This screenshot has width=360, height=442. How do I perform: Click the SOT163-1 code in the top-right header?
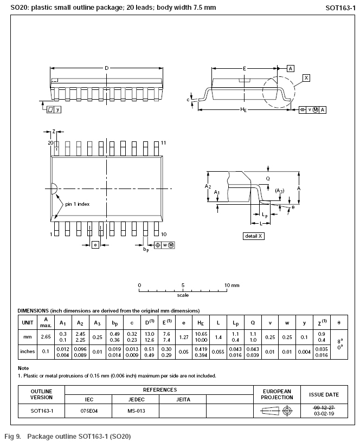[x=340, y=8]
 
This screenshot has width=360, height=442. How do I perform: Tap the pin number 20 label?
[x=50, y=142]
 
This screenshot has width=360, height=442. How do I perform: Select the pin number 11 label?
[x=163, y=142]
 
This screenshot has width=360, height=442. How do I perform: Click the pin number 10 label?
[x=163, y=234]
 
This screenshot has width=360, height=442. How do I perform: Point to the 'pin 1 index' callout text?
[x=77, y=204]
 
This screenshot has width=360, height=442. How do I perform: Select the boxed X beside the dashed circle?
[x=306, y=78]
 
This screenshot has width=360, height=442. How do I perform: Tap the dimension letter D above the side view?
[x=106, y=68]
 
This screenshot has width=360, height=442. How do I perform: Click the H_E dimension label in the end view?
[x=243, y=110]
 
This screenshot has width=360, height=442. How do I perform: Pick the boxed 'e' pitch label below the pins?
[x=95, y=245]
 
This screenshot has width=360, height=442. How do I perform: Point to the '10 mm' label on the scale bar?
[x=232, y=285]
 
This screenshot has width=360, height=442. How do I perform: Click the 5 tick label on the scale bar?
[x=183, y=285]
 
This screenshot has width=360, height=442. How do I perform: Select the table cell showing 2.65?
[x=46, y=336]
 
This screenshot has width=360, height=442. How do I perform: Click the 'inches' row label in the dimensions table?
[x=27, y=351]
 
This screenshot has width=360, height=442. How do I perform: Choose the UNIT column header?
[x=27, y=322]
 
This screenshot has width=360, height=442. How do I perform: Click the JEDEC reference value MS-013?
[x=136, y=411]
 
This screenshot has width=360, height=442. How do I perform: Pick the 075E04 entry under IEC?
[x=89, y=411]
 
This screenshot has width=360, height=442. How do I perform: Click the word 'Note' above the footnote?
[x=23, y=368]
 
